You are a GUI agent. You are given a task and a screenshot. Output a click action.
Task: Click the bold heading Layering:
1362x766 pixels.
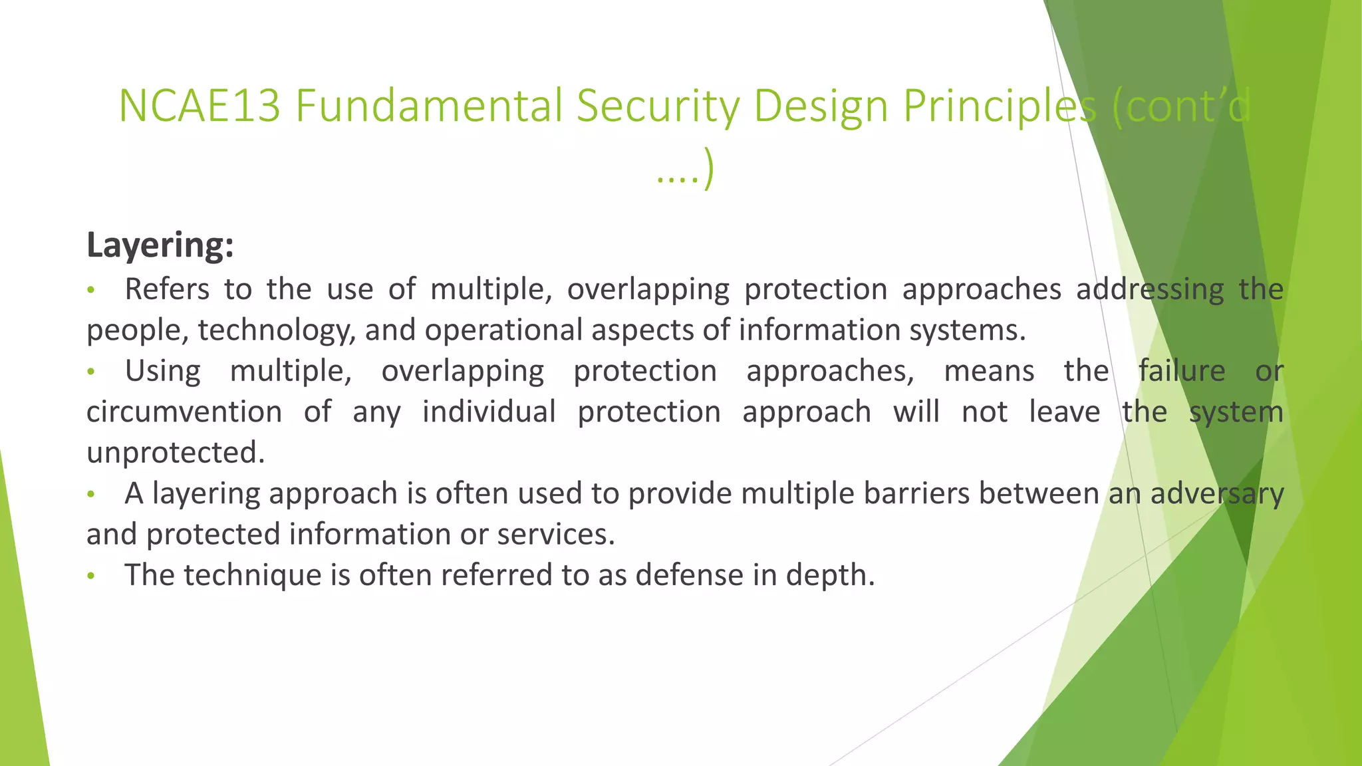pos(160,245)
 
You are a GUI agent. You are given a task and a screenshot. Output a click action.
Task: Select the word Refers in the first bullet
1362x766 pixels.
pos(167,289)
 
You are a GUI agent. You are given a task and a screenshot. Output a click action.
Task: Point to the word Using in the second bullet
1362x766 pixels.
pos(163,371)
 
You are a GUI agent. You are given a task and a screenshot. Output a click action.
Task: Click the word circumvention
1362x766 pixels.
pos(184,412)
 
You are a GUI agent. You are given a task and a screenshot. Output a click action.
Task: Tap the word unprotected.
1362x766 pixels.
pos(176,453)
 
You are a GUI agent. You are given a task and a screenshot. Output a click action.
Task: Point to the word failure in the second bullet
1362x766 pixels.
pos(1181,371)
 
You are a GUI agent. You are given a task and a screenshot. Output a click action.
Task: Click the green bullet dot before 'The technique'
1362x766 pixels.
pos(92,576)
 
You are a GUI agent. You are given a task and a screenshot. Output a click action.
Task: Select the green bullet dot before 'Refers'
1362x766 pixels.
pos(92,290)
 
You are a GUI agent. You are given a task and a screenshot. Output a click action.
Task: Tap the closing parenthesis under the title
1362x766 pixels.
pos(709,170)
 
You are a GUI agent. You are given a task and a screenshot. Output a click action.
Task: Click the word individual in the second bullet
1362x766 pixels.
pos(489,412)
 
